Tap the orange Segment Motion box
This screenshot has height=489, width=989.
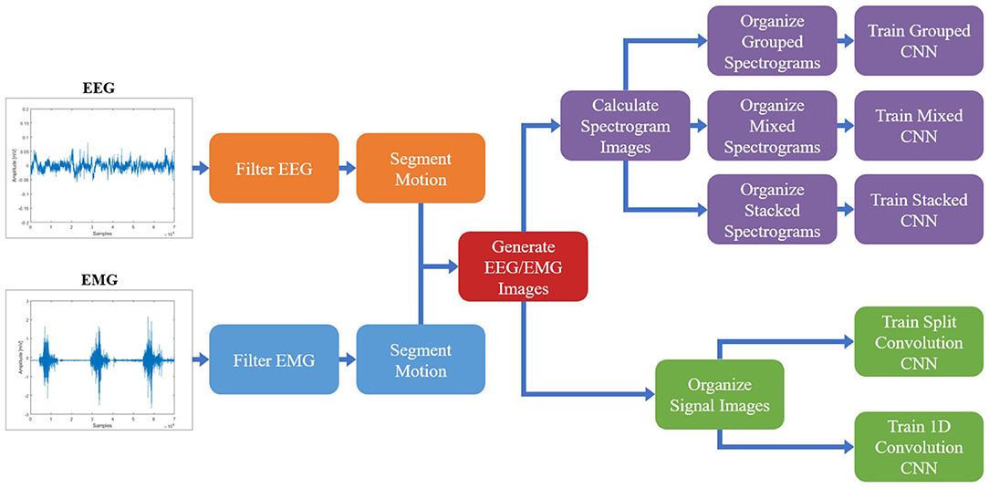(420, 168)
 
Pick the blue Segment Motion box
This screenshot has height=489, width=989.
(420, 360)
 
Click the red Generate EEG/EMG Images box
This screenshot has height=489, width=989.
(523, 266)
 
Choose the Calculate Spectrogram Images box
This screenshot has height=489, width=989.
(625, 125)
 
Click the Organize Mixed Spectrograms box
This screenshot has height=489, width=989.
(773, 125)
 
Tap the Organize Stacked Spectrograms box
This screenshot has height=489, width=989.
(773, 209)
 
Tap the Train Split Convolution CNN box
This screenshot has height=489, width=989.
(919, 342)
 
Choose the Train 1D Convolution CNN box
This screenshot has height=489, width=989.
(919, 447)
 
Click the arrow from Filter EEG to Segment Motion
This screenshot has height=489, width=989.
(347, 168)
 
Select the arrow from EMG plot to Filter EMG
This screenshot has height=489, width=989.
(200, 360)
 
